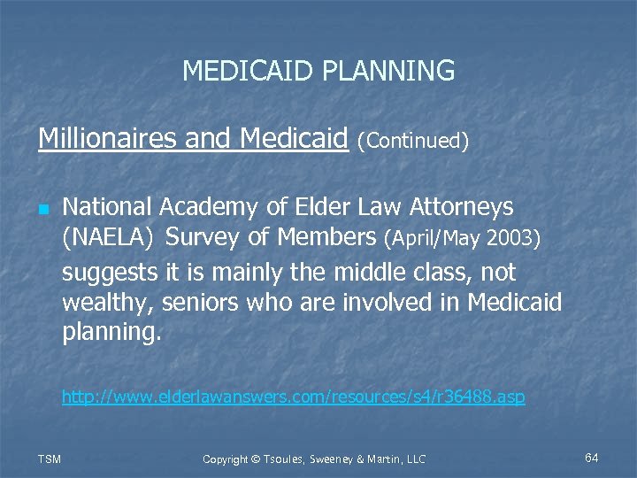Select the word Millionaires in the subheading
coord(97,138)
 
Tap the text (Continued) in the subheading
coord(412,141)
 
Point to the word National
coord(107,207)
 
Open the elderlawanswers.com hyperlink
coord(293,397)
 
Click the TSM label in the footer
coord(50,458)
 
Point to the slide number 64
coord(592,457)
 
